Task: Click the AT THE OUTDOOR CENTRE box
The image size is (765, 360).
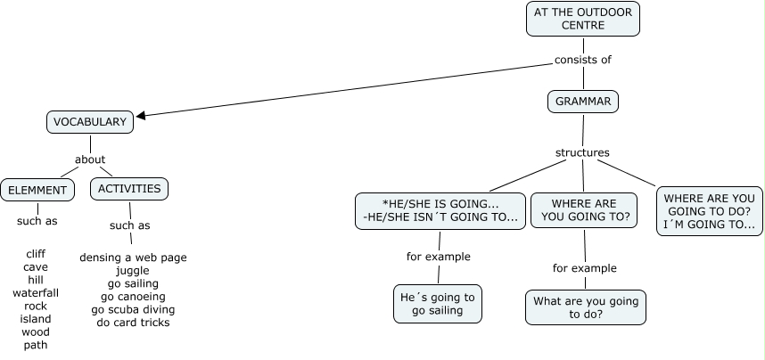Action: click(583, 19)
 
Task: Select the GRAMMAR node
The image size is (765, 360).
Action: click(583, 102)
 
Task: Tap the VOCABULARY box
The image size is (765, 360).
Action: click(90, 121)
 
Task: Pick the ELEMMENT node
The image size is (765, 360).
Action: click(37, 189)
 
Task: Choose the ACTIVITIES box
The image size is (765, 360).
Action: click(129, 188)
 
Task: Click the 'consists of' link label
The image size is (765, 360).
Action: click(582, 61)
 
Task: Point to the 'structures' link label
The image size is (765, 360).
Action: click(582, 152)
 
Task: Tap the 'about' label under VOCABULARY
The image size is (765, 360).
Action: click(90, 160)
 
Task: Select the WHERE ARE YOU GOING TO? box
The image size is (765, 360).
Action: click(585, 210)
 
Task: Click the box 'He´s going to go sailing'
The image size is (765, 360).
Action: click(438, 304)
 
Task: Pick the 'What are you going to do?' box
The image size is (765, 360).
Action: click(585, 307)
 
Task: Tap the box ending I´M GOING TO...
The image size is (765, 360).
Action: click(710, 210)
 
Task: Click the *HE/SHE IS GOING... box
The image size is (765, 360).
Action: click(440, 210)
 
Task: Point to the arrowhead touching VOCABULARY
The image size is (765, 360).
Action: click(140, 115)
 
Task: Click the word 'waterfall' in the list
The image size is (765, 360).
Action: click(36, 292)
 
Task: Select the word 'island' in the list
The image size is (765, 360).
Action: click(36, 318)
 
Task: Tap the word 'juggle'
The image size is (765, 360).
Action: click(133, 270)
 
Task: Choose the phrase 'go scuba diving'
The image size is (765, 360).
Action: click(133, 309)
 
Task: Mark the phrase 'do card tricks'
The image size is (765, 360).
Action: click(133, 322)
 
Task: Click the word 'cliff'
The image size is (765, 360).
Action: click(36, 253)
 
